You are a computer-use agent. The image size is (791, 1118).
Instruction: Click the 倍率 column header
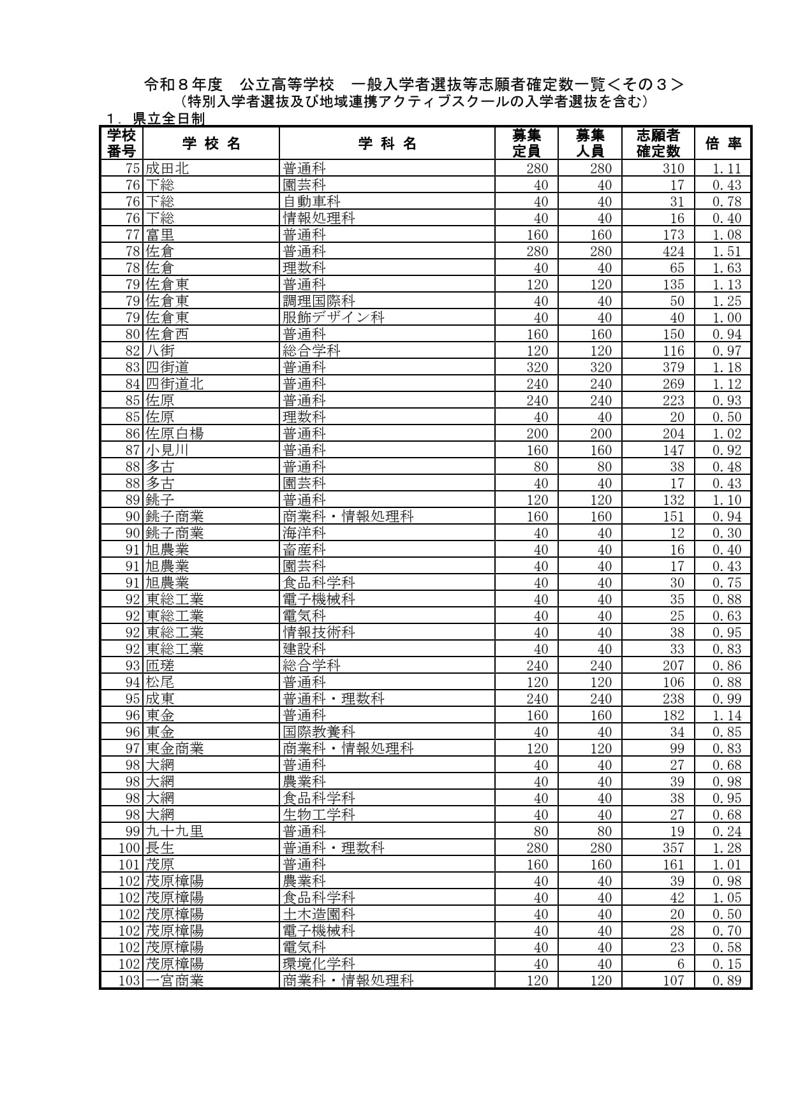tap(723, 143)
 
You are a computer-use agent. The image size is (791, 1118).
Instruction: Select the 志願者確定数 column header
tap(658, 143)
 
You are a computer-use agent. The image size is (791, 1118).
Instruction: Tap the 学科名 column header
tap(387, 143)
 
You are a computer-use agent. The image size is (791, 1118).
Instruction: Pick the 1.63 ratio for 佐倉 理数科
tap(727, 268)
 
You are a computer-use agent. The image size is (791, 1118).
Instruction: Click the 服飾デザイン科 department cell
tap(334, 317)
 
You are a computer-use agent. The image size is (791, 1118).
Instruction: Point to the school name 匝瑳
tap(160, 665)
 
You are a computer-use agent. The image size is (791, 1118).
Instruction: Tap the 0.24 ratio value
tap(727, 831)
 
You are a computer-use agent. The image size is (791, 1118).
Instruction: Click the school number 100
tap(129, 848)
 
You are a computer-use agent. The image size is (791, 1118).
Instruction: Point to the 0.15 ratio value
tap(727, 964)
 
